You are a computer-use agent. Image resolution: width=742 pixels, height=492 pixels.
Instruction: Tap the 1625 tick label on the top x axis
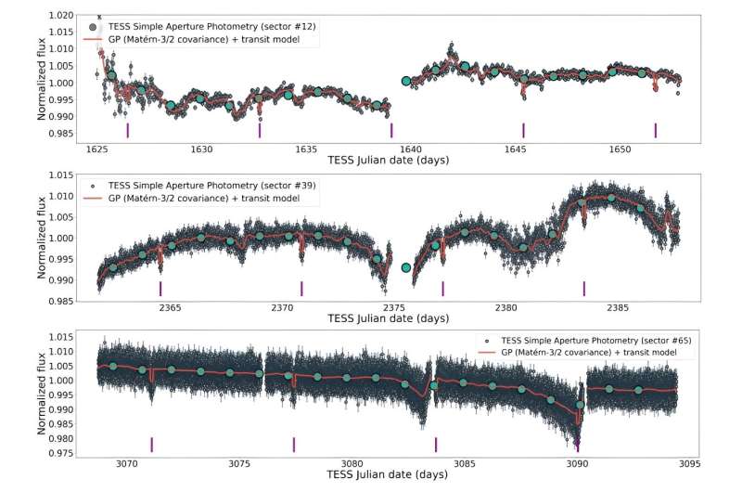pos(96,149)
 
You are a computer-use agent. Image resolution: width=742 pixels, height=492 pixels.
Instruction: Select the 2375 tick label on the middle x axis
pos(394,306)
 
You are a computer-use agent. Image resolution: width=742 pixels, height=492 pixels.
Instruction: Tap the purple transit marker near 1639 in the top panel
pos(391,130)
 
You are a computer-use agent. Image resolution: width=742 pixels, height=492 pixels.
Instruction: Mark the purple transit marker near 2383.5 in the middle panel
pos(583,288)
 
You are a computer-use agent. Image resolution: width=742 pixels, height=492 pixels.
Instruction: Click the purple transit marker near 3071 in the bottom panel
pos(151,445)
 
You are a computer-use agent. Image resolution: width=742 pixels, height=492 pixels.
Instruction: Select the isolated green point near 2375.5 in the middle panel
pos(405,267)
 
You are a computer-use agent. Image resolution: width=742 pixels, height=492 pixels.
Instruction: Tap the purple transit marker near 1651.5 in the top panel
pos(655,130)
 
